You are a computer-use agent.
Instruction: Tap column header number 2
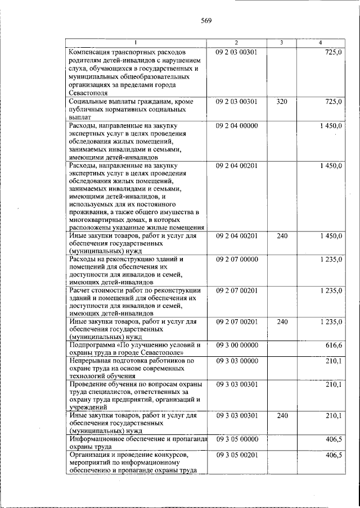236,43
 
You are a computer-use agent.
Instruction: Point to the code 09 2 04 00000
236,126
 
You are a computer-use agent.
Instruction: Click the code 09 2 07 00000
236,260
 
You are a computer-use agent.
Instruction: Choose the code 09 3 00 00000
236,344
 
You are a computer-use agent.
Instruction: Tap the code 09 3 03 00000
236,360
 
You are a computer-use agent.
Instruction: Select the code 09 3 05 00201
236,455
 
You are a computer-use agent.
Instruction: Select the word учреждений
89,407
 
